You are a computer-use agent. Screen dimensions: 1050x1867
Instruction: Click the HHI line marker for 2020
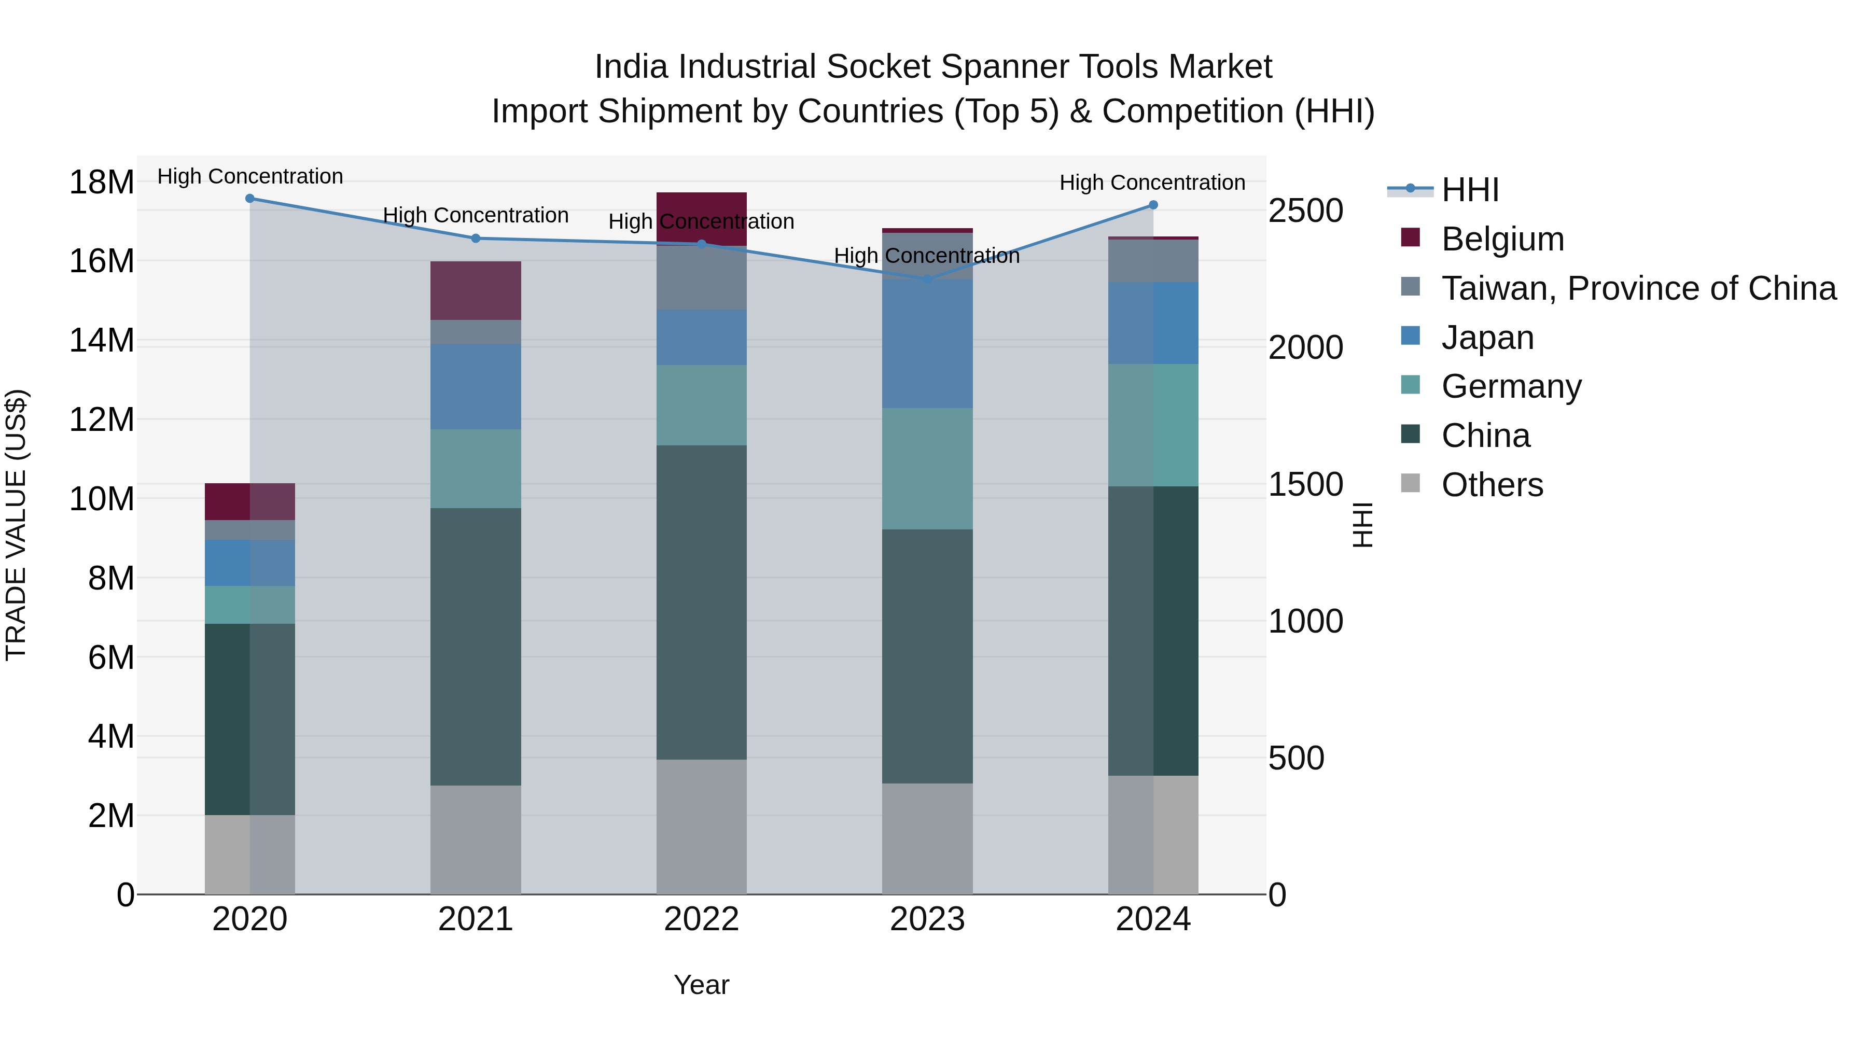[250, 198]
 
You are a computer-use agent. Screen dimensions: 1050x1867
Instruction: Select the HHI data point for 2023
[927, 279]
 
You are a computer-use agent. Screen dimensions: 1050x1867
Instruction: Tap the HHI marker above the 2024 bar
[1153, 205]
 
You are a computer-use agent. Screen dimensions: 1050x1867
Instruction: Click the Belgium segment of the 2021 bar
[476, 290]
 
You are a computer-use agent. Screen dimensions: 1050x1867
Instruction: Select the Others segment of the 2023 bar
[927, 838]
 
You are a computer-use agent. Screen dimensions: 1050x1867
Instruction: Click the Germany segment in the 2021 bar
[476, 468]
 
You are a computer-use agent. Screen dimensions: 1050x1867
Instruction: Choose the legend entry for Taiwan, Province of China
[1638, 288]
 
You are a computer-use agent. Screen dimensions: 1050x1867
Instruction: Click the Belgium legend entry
[1502, 239]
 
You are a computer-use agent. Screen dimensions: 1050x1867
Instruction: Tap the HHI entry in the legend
[1469, 190]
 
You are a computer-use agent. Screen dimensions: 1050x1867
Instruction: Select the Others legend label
[1492, 485]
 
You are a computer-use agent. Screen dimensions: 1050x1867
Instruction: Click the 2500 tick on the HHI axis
[1305, 211]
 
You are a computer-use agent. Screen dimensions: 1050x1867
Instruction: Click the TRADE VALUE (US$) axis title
[17, 525]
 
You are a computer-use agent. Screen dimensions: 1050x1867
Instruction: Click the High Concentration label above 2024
[1152, 183]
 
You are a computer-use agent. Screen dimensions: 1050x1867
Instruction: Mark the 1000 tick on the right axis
[1305, 621]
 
